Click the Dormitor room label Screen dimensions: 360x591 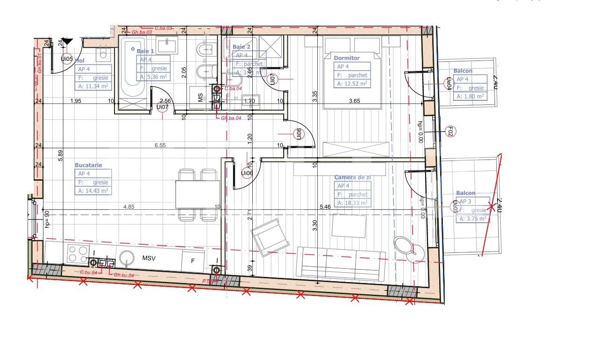pos(347,58)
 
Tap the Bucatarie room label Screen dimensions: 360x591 pos(88,165)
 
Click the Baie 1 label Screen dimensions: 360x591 pos(145,50)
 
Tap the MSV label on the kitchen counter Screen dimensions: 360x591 pos(149,258)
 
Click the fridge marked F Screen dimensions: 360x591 pos(192,261)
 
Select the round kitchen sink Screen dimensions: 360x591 pos(127,258)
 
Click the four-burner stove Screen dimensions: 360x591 pos(78,254)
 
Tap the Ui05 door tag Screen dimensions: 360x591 pos(67,59)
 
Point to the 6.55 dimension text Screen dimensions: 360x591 pos(160,146)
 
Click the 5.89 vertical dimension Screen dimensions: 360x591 pos(60,155)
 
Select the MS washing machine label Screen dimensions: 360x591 pos(200,98)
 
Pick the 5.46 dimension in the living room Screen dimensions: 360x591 pos(325,206)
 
